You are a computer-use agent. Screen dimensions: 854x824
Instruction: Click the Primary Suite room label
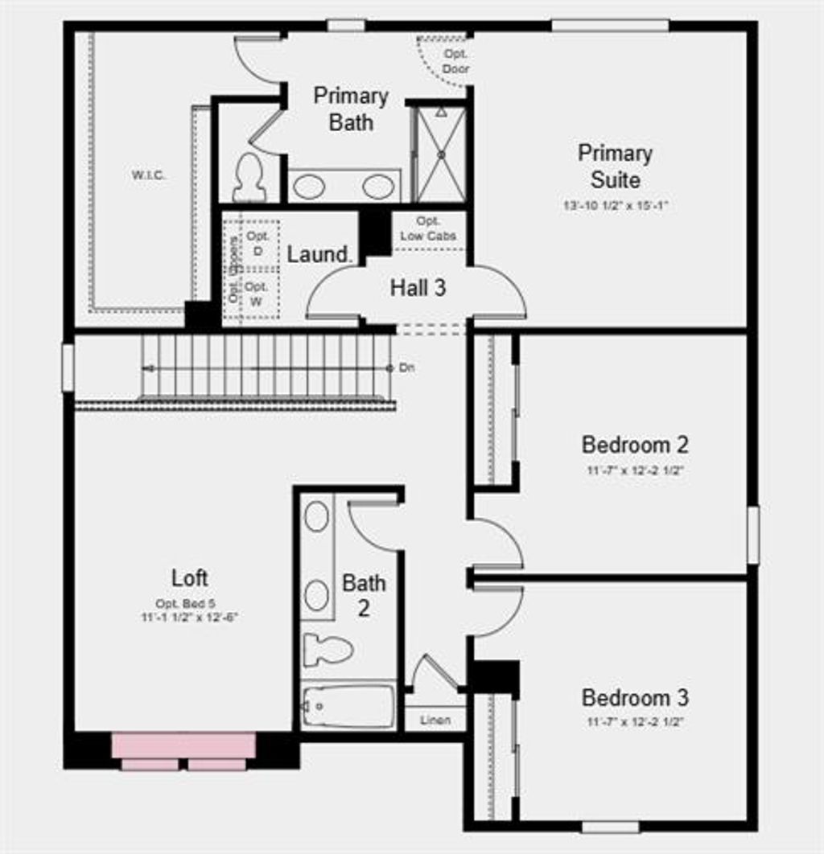pyautogui.click(x=616, y=166)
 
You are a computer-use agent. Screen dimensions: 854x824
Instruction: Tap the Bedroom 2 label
pyautogui.click(x=635, y=445)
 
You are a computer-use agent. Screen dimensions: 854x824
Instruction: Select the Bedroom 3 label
pyautogui.click(x=635, y=697)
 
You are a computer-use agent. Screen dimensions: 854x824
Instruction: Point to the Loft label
pyautogui.click(x=190, y=577)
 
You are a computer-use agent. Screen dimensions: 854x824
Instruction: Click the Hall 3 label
pyautogui.click(x=418, y=288)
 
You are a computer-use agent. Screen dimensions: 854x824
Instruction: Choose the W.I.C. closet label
pyautogui.click(x=149, y=174)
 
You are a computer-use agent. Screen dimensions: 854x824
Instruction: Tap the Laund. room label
pyautogui.click(x=319, y=255)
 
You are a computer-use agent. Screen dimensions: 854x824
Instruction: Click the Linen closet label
pyautogui.click(x=435, y=720)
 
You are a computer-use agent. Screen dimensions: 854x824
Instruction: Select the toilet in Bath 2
pyautogui.click(x=328, y=648)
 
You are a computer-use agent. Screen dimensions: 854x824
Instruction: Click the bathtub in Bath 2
pyautogui.click(x=349, y=706)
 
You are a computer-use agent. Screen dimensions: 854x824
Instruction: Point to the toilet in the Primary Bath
pyautogui.click(x=249, y=179)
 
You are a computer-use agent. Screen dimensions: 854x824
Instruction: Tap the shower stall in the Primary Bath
pyautogui.click(x=440, y=154)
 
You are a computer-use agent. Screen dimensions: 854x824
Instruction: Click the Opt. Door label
pyautogui.click(x=455, y=61)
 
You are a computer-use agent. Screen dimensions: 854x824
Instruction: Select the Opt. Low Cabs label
pyautogui.click(x=428, y=228)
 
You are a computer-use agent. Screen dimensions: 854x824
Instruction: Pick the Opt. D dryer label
pyautogui.click(x=257, y=244)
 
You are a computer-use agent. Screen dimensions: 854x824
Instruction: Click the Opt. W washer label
pyautogui.click(x=257, y=294)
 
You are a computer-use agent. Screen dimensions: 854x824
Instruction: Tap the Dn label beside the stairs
pyautogui.click(x=407, y=367)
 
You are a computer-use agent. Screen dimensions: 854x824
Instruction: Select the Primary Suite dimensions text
pyautogui.click(x=616, y=206)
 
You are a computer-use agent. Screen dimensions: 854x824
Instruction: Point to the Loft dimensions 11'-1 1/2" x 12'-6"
pyautogui.click(x=189, y=618)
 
